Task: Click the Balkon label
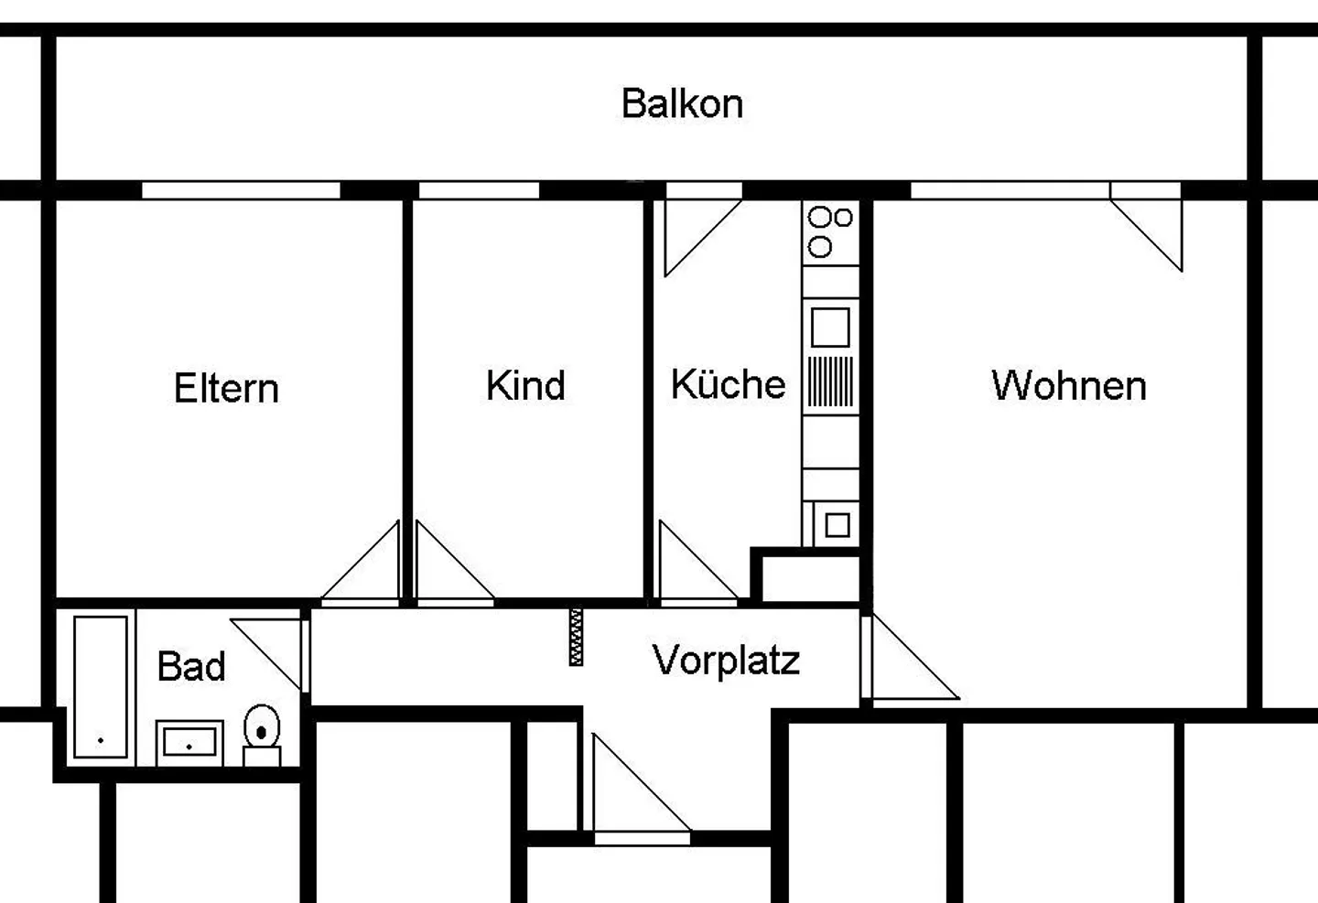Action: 682,104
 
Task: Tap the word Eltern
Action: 226,388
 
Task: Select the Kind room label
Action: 525,385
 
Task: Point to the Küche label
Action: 728,384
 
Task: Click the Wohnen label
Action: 1068,385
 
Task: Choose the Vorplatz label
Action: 726,660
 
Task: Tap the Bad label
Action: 190,666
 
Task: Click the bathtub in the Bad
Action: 101,686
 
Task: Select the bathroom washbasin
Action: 189,742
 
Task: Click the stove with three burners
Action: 830,232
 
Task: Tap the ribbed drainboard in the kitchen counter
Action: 830,382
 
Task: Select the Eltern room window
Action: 241,190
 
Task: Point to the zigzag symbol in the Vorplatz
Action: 576,637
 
